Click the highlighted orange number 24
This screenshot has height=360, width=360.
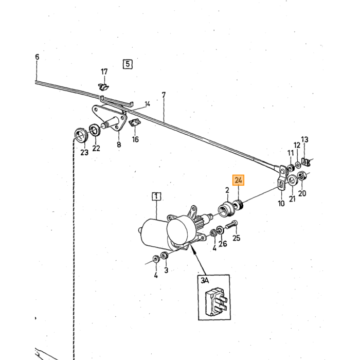(238, 180)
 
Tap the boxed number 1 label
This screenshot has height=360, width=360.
(156, 196)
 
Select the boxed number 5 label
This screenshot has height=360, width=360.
(128, 64)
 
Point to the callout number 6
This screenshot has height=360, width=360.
(37, 57)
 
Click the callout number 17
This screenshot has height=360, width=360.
(104, 71)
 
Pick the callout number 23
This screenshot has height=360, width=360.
(84, 152)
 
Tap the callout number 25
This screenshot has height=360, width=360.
(236, 238)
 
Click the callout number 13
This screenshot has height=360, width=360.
(304, 139)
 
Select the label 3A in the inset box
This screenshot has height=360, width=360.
(205, 280)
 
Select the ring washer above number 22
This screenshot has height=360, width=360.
(95, 130)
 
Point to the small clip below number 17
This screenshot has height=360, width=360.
(104, 87)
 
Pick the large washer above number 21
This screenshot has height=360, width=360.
(293, 180)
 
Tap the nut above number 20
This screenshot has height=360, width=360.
(301, 175)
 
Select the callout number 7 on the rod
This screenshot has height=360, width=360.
(164, 95)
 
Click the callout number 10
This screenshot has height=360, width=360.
(281, 203)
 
